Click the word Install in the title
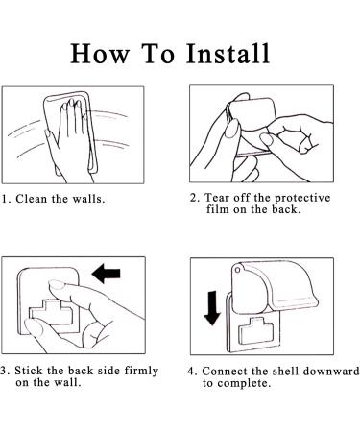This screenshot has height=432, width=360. pyautogui.click(x=228, y=53)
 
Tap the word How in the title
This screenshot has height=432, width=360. pyautogui.click(x=101, y=53)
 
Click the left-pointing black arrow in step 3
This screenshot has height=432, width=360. pyautogui.click(x=106, y=274)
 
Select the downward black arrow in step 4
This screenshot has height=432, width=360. pyautogui.click(x=212, y=308)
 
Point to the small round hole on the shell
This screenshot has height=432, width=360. pyautogui.click(x=238, y=271)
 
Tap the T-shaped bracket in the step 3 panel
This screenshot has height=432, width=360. pyautogui.click(x=51, y=312)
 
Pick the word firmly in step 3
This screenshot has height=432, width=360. pyautogui.click(x=141, y=371)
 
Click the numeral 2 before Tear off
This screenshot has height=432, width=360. pyautogui.click(x=193, y=198)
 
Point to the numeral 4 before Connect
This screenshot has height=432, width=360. pyautogui.click(x=191, y=372)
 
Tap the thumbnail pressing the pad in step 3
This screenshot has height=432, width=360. pyautogui.click(x=56, y=284)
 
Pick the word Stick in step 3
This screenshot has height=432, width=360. pyautogui.click(x=29, y=371)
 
